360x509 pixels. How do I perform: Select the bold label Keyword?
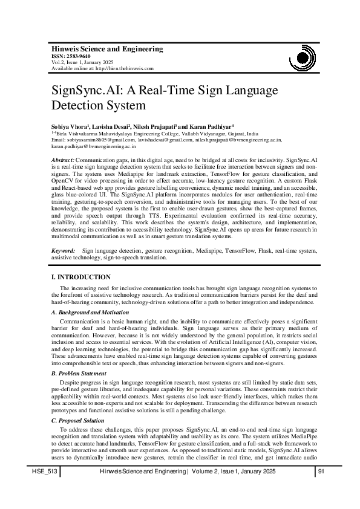[63, 249]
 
